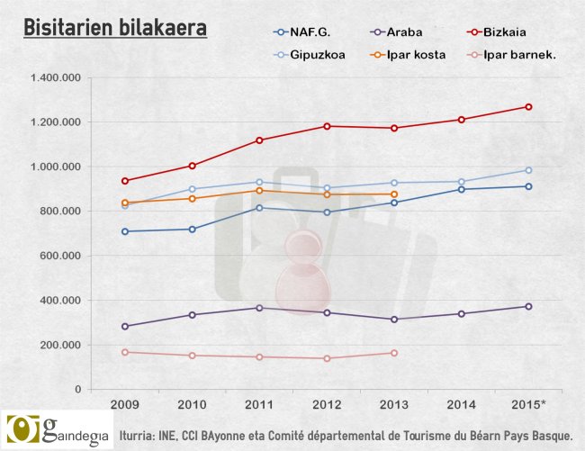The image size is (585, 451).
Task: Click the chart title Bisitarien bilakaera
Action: point(114,28)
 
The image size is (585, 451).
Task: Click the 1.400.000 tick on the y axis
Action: point(56,77)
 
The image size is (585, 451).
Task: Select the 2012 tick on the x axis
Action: point(327,403)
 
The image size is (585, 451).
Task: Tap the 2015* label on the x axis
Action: point(528,403)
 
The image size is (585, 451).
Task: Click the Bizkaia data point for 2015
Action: point(528,107)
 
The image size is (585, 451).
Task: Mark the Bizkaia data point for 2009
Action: point(125,181)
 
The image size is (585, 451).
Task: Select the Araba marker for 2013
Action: point(394,320)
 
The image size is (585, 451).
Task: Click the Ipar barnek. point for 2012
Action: point(327,358)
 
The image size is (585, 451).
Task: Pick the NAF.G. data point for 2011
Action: point(259,208)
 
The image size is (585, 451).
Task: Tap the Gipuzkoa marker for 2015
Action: point(528,170)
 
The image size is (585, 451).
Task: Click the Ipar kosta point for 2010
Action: point(192,198)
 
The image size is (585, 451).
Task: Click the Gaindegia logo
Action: point(56,430)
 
